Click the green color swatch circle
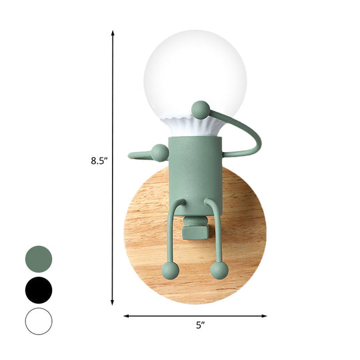39,258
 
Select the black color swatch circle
39,290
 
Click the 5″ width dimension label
199,325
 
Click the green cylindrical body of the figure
194,167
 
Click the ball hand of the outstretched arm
159,153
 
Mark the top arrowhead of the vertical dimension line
113,33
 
